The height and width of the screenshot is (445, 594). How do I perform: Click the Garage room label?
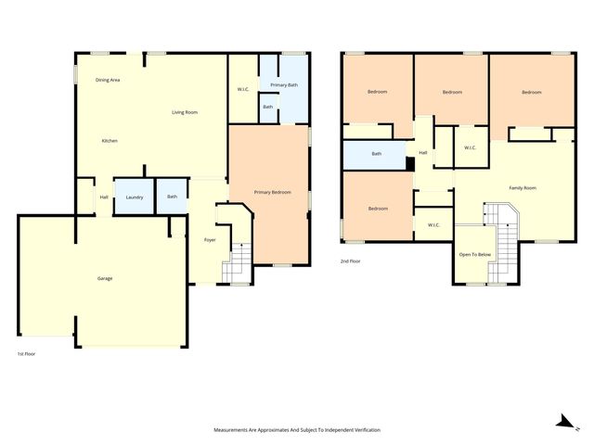click(x=105, y=278)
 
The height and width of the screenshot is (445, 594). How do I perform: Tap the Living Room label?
click(x=185, y=113)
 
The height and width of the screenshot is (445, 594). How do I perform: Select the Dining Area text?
click(x=108, y=81)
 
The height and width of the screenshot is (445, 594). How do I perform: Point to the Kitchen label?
click(x=110, y=141)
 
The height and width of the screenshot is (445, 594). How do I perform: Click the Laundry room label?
click(x=134, y=197)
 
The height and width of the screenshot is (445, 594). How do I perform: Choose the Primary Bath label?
click(x=284, y=85)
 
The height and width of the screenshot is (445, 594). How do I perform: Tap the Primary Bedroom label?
click(x=273, y=192)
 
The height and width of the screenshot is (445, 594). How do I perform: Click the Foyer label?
click(x=210, y=240)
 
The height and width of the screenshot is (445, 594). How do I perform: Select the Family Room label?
click(x=523, y=188)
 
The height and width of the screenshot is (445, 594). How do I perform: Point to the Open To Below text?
click(x=473, y=254)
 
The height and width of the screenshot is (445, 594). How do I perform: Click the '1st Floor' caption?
click(x=28, y=354)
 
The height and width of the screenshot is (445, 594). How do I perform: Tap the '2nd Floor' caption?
click(x=351, y=262)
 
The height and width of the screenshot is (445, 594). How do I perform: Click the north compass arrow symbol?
click(x=562, y=422)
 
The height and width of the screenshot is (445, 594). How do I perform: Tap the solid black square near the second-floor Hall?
click(x=410, y=164)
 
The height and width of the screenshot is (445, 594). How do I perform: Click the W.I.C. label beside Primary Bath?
click(x=243, y=90)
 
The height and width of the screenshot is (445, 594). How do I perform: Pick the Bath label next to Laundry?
click(x=173, y=197)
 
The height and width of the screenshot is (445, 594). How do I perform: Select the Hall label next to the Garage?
click(x=104, y=197)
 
